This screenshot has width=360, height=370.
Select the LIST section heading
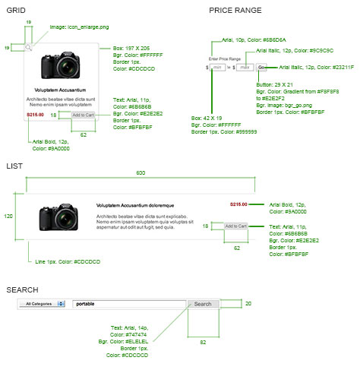coord(14,165)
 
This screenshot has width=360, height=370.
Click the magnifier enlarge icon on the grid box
coord(28,48)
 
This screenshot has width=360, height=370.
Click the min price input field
coord(217,68)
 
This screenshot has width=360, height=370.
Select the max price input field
coord(245,68)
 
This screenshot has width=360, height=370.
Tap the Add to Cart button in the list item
coord(235,226)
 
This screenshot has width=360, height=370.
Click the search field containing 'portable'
coord(128,304)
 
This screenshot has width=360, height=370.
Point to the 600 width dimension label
coord(140,172)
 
